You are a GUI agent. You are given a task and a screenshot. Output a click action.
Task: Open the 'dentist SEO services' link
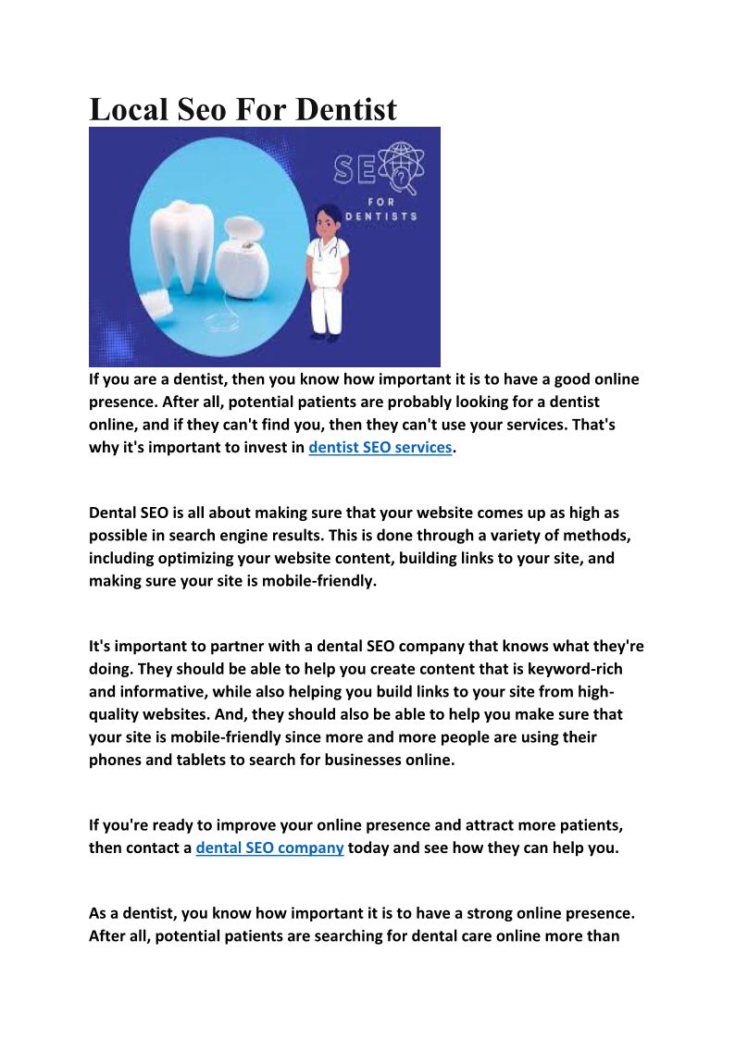[380, 447]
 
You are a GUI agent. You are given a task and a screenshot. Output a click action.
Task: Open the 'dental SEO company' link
[269, 847]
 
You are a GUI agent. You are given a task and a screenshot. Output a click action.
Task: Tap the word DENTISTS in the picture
[380, 216]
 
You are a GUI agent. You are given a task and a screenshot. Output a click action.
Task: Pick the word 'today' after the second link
[368, 847]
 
